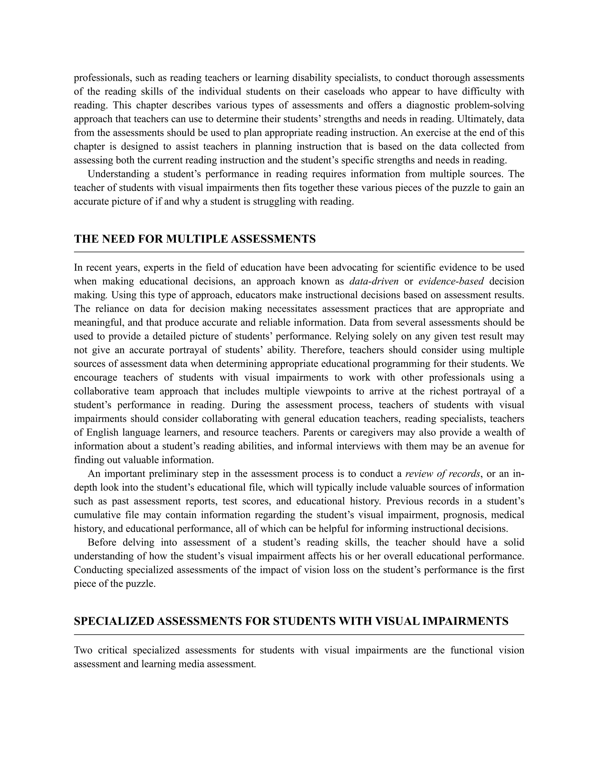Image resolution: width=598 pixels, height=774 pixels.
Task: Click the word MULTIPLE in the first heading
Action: [196, 239]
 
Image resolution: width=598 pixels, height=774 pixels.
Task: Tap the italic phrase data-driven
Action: [374, 281]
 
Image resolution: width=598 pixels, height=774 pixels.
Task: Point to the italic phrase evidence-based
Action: [451, 281]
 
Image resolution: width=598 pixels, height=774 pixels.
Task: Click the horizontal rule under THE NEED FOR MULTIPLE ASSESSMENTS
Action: [299, 252]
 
